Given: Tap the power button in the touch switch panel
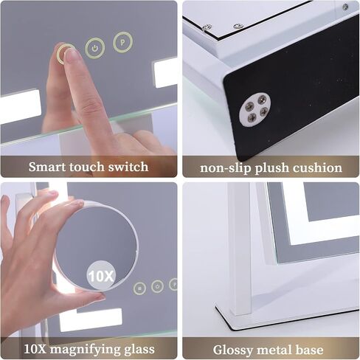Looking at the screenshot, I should tap(94, 49).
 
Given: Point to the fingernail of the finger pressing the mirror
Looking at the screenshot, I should tap(71, 55).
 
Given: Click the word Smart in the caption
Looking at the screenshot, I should tap(46, 167).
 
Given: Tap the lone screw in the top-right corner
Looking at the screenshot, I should tap(345, 7).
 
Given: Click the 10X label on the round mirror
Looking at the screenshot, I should tap(101, 277).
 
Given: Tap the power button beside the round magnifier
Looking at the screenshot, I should tap(157, 286).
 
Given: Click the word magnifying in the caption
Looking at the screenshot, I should tap(83, 347).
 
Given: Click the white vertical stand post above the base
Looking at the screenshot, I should tap(239, 243).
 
